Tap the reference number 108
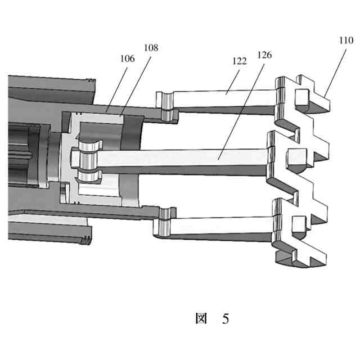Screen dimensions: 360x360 (x=150, y=48)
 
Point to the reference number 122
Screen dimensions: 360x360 (x=239, y=61)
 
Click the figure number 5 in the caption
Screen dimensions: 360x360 (x=225, y=319)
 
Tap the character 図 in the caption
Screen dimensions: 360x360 (x=201, y=319)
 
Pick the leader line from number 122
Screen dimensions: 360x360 (x=231, y=79)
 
